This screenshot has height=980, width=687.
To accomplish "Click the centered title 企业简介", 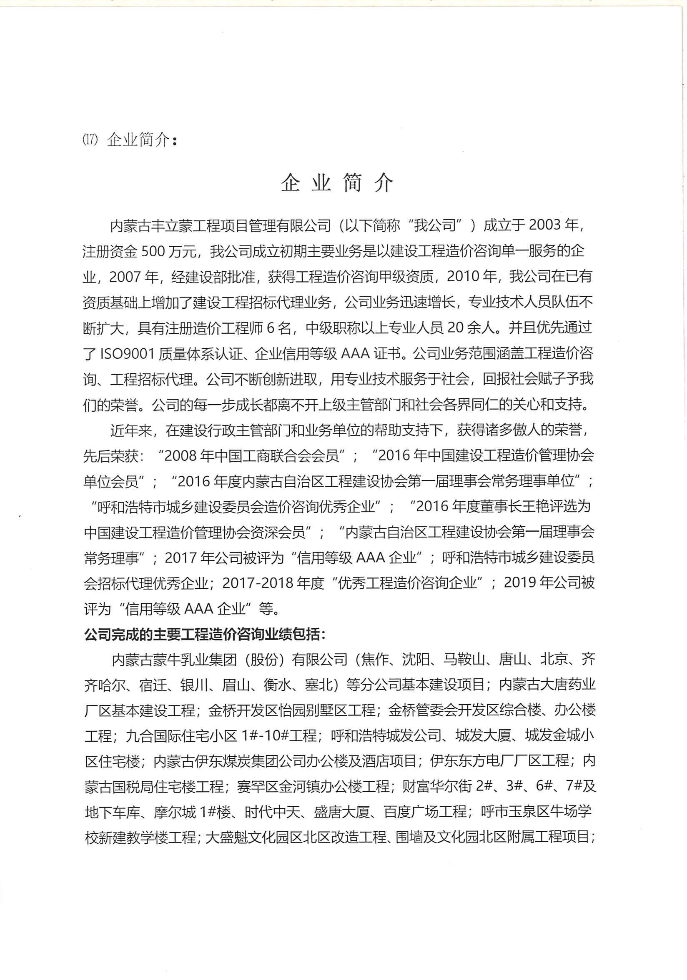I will [337, 183].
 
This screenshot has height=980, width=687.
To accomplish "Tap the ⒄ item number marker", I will [90, 140].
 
